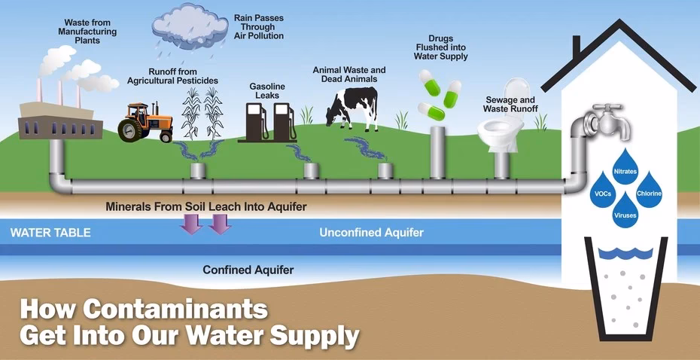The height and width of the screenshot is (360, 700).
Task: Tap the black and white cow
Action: pyautogui.click(x=353, y=105)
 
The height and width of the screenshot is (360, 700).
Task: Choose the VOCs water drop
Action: pyautogui.click(x=603, y=191)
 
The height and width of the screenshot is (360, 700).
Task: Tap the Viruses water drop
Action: pyautogui.click(x=625, y=212)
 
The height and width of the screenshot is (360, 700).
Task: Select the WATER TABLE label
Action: pyautogui.click(x=50, y=233)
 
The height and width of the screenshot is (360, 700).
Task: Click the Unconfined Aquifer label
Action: pyautogui.click(x=371, y=233)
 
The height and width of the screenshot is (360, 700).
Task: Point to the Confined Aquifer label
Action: pyautogui.click(x=248, y=269)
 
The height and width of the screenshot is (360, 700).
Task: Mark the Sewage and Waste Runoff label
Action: pyautogui.click(x=509, y=104)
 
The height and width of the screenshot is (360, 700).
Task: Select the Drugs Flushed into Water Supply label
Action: pyautogui.click(x=442, y=47)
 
